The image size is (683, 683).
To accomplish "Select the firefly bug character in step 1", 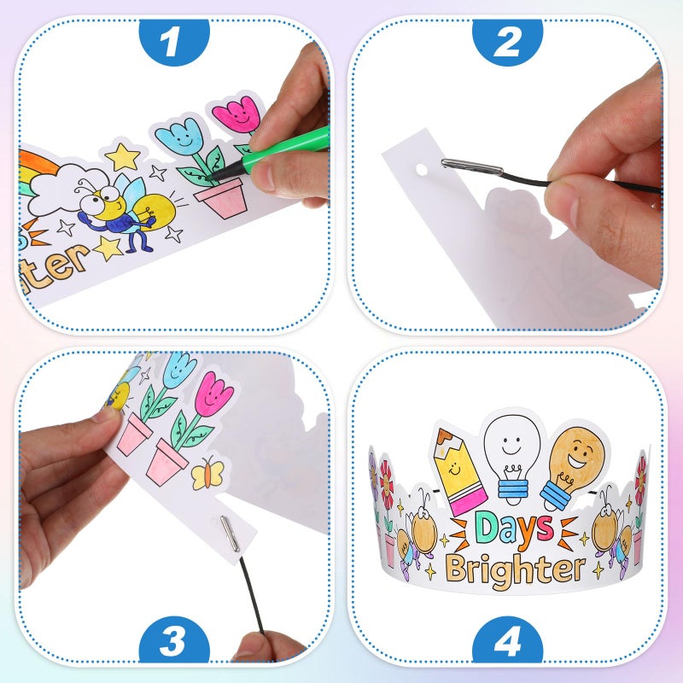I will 115,209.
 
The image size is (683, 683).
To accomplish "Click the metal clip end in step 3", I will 226,536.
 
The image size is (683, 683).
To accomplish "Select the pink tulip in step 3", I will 213,394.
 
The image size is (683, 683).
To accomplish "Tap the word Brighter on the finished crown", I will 515,568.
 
